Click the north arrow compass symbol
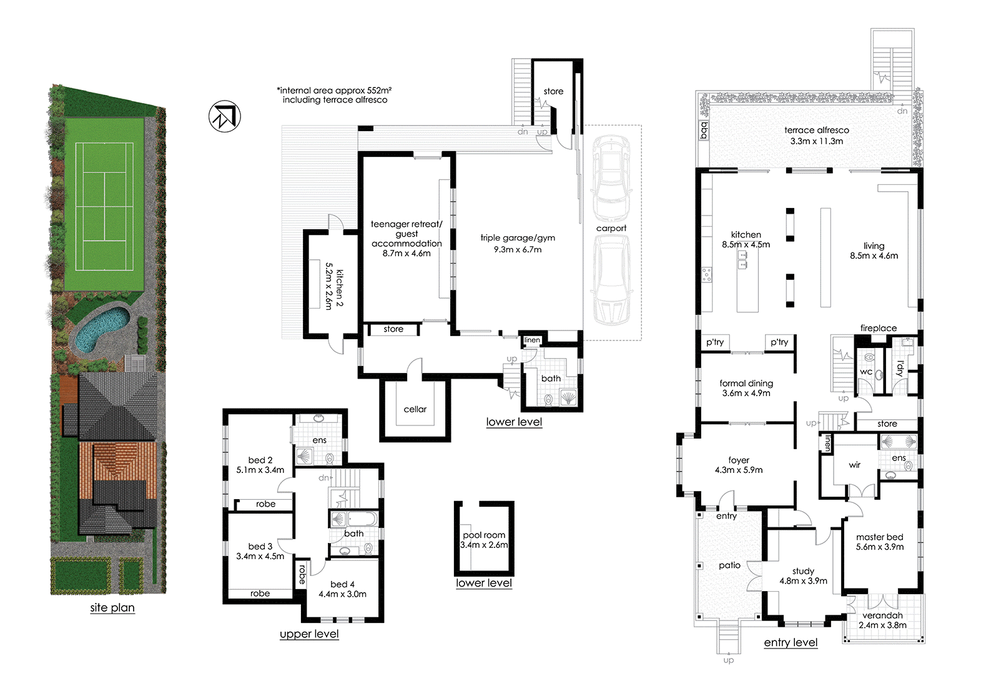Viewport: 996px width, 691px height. tap(225, 117)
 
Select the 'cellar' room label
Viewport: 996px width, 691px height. tap(415, 409)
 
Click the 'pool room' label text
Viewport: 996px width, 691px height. tap(484, 535)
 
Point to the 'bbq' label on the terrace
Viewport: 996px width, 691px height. tap(703, 131)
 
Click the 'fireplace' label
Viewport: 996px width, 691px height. tap(878, 329)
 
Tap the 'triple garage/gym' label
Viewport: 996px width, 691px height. tap(518, 238)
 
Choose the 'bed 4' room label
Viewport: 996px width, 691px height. tap(342, 584)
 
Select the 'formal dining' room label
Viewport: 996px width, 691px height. tap(746, 383)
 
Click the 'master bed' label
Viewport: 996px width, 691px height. tap(879, 537)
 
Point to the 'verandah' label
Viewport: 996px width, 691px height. tap(882, 615)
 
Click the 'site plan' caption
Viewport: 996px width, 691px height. tap(112, 608)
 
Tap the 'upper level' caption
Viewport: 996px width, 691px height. tap(309, 634)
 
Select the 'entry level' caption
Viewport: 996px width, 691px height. tap(791, 642)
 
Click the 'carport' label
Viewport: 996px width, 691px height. tap(611, 228)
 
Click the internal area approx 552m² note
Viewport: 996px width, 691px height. tap(334, 95)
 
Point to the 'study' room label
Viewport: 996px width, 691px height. tap(803, 571)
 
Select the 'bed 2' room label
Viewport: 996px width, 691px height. tap(260, 460)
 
